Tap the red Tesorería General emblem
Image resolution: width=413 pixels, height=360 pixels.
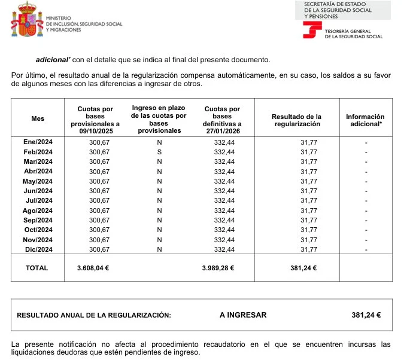312,32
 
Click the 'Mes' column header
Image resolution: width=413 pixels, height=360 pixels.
38,119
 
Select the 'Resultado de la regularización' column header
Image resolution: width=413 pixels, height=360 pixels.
296,120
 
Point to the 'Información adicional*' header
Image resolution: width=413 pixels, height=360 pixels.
365,120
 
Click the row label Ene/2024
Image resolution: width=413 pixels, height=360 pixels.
38,142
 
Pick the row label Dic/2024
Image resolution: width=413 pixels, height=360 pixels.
38,249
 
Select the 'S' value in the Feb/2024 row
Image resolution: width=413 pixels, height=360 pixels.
159,152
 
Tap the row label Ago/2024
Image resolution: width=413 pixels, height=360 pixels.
38,210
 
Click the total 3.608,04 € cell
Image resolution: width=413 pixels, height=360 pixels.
93,269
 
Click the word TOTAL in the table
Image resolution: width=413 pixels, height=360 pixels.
37,269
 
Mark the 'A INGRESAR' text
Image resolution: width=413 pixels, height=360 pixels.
243,315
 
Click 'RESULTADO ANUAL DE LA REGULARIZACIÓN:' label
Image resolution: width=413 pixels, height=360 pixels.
93,315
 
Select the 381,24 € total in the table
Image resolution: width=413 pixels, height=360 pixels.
303,269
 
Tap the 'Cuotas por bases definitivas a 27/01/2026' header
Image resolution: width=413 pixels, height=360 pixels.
222,120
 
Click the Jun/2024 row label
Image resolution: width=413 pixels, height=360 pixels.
38,191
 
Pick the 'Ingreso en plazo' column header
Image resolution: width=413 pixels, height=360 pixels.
159,119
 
